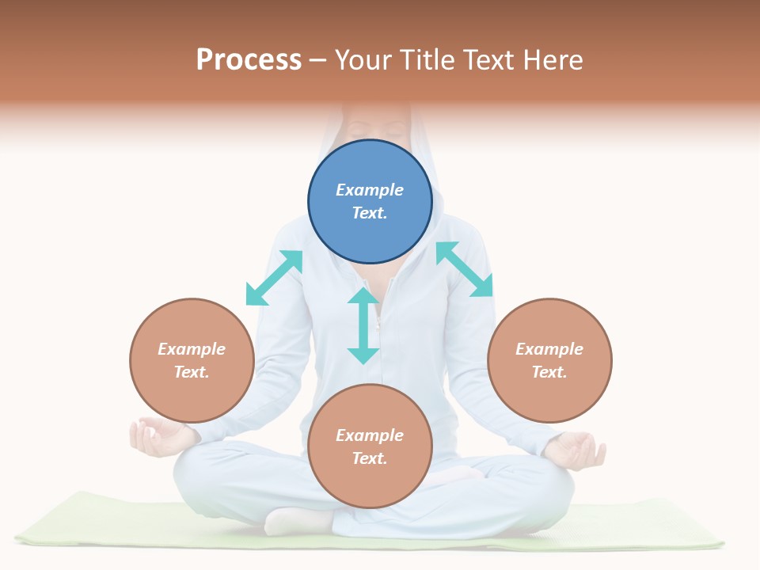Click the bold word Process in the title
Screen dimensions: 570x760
point(249,59)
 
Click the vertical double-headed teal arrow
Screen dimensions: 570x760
point(363,325)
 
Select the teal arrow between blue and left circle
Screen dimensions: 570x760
point(274,277)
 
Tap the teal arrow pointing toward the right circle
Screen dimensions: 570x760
point(465,269)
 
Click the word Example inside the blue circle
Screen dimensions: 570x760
point(370,190)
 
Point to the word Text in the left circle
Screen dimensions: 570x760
point(191,372)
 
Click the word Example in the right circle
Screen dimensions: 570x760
point(549,349)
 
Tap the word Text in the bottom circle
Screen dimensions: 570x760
point(369,458)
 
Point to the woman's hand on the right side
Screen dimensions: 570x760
point(577,450)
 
